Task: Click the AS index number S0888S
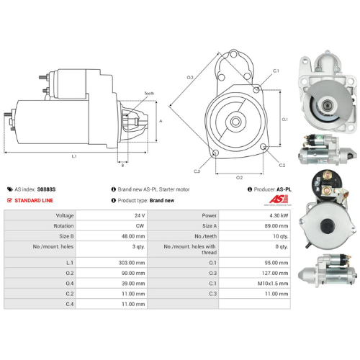pos(47,189)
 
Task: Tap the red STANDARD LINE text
pos(36,200)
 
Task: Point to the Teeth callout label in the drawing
pos(148,94)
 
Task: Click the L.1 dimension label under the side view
pos(74,156)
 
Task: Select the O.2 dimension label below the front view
pos(240,176)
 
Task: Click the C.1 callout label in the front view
pos(276,71)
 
